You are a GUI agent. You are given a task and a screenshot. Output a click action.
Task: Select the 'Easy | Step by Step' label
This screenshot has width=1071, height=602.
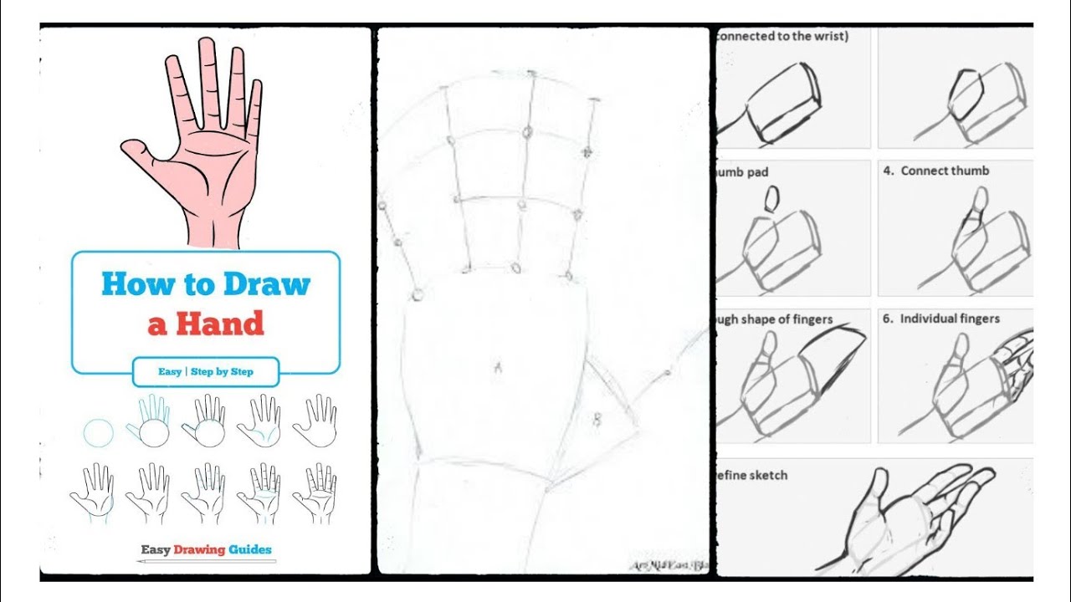pos(206,371)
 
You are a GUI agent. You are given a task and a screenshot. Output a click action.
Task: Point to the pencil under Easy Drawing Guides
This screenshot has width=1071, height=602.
pos(206,561)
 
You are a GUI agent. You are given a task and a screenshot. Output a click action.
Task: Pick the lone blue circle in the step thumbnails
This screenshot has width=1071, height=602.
pos(99,434)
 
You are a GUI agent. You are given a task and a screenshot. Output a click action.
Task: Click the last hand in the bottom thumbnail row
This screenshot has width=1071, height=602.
pos(314,493)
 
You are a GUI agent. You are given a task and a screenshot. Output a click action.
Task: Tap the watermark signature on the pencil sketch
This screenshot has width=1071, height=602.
pos(668,565)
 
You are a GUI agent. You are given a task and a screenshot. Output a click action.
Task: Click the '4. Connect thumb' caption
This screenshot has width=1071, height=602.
pos(936,171)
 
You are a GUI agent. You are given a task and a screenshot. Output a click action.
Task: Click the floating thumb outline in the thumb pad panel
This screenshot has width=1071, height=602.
pos(771,198)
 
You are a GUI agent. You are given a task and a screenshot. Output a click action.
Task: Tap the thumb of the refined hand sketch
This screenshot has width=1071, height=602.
pos(876,486)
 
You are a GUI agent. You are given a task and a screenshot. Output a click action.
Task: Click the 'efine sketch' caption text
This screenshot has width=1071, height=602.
pos(752,475)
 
